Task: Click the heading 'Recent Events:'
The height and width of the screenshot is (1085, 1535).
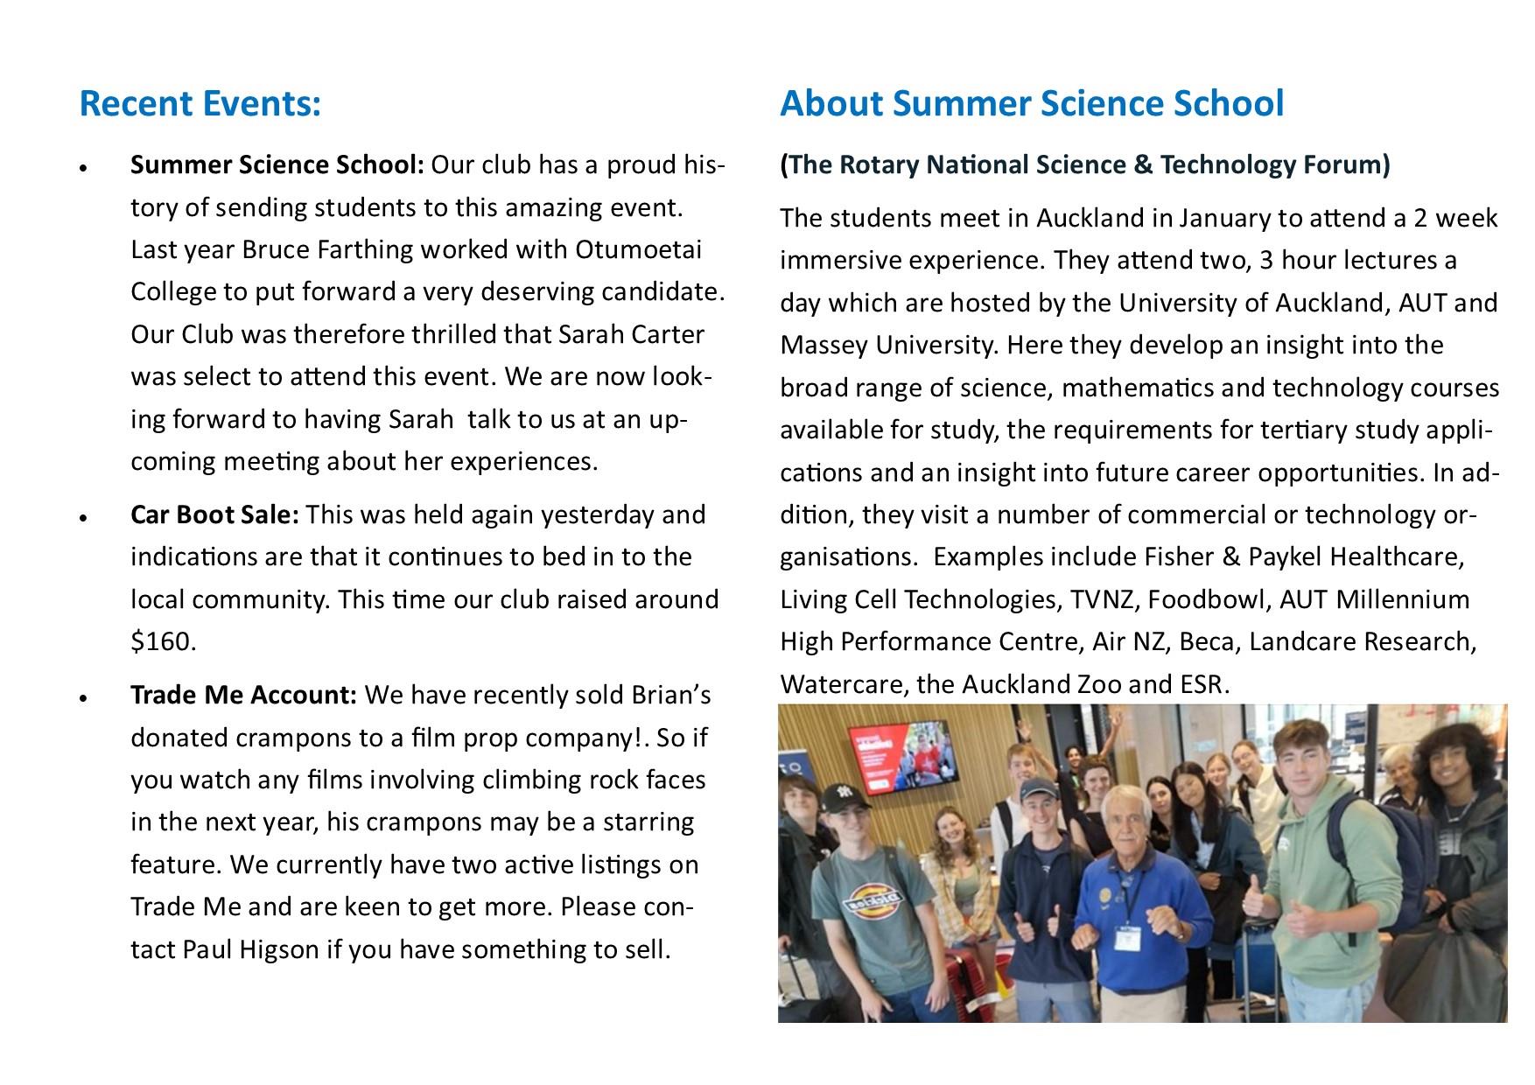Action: (200, 104)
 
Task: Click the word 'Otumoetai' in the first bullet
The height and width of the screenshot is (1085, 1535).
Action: (638, 250)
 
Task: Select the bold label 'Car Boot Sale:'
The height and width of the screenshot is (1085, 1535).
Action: (214, 514)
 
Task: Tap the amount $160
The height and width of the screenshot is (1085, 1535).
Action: (163, 642)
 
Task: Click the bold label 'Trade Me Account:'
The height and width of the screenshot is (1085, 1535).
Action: (243, 696)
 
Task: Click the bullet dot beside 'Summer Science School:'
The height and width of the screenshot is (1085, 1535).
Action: (83, 167)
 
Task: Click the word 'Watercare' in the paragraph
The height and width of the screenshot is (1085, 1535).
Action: (841, 685)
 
